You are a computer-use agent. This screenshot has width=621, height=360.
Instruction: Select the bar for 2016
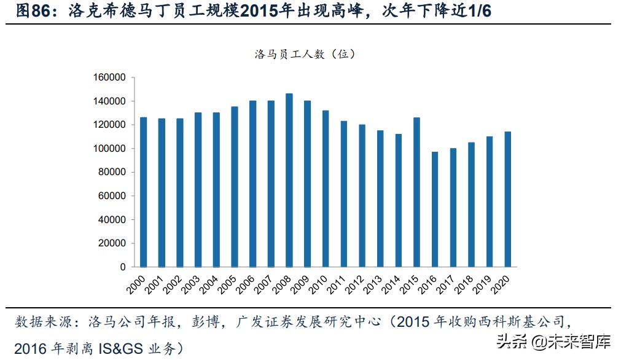pyautogui.click(x=435, y=209)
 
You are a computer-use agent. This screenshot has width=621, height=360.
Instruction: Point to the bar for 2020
pyautogui.click(x=507, y=199)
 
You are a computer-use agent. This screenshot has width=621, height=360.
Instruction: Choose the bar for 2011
pyautogui.click(x=344, y=194)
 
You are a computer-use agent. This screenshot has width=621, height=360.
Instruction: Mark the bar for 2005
pyautogui.click(x=235, y=187)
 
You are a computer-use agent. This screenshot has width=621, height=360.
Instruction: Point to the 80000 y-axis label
pyautogui.click(x=112, y=172)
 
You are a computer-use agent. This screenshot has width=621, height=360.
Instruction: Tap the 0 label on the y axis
pyautogui.click(x=123, y=267)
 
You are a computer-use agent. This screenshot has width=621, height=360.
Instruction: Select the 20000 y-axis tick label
pyautogui.click(x=112, y=243)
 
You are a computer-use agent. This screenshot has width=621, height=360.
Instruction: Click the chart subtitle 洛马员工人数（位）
pyautogui.click(x=305, y=54)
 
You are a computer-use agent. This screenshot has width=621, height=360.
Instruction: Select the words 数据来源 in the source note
pyautogui.click(x=38, y=321)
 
